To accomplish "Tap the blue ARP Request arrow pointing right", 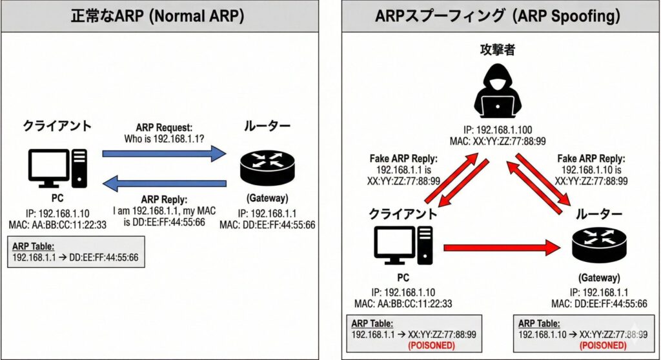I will tap(165, 154).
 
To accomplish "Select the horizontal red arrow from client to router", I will tap(500, 246).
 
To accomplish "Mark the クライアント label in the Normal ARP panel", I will tap(57, 126).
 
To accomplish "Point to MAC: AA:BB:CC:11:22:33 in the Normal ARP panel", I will tap(57, 224).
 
